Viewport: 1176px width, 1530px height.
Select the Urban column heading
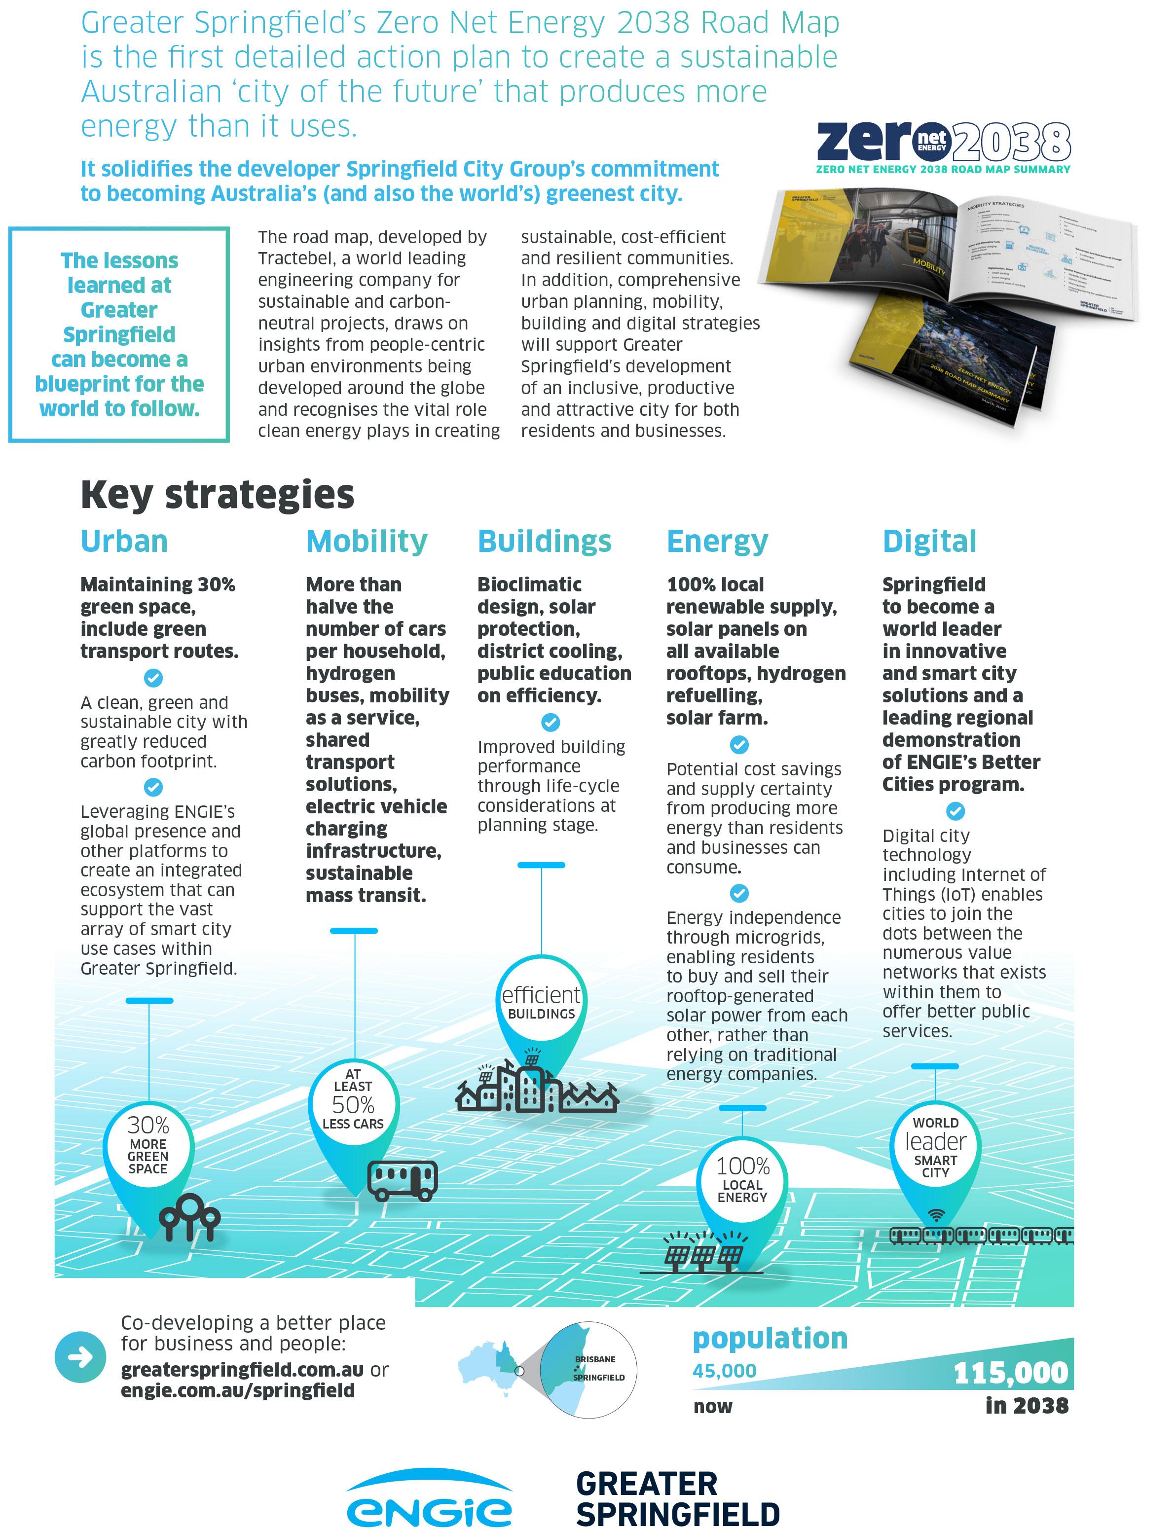tap(124, 541)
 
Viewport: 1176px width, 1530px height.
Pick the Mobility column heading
tap(366, 541)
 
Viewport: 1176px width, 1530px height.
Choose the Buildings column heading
tap(544, 541)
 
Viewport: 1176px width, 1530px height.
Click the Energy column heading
tap(717, 541)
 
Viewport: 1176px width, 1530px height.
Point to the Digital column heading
tap(929, 541)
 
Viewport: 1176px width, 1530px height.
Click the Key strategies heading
tap(217, 494)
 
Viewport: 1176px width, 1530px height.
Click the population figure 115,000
tap(1010, 1373)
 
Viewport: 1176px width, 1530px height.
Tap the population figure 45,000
tap(724, 1370)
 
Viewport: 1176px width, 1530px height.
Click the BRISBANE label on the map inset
tap(595, 1359)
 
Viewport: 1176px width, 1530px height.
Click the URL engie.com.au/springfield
tap(237, 1390)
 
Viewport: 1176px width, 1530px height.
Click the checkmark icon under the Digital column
tap(955, 810)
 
